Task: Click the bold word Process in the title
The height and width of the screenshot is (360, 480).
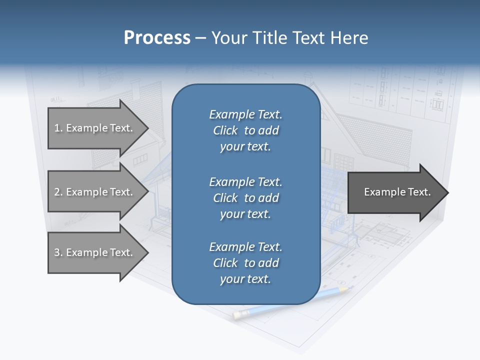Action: pyautogui.click(x=157, y=38)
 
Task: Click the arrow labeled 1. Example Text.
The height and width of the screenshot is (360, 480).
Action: pyautogui.click(x=95, y=128)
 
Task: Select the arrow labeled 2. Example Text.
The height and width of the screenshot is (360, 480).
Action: pyautogui.click(x=95, y=192)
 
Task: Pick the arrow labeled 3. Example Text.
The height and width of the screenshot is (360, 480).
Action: pyautogui.click(x=95, y=252)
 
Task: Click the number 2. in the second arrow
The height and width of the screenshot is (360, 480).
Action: pyautogui.click(x=58, y=192)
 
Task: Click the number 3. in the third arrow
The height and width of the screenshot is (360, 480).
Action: pyautogui.click(x=58, y=252)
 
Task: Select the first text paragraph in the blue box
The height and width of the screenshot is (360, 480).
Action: pyautogui.click(x=245, y=130)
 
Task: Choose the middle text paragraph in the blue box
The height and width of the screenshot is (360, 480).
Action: pyautogui.click(x=245, y=198)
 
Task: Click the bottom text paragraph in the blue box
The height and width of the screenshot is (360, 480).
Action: pyautogui.click(x=245, y=263)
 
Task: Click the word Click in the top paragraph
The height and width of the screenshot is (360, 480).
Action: pyautogui.click(x=225, y=130)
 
